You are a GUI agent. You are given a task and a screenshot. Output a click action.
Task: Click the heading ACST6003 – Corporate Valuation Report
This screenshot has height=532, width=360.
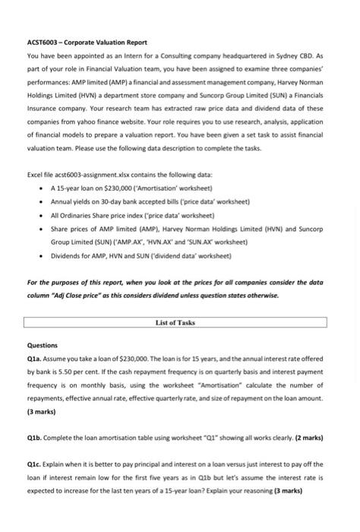(x=87, y=42)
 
